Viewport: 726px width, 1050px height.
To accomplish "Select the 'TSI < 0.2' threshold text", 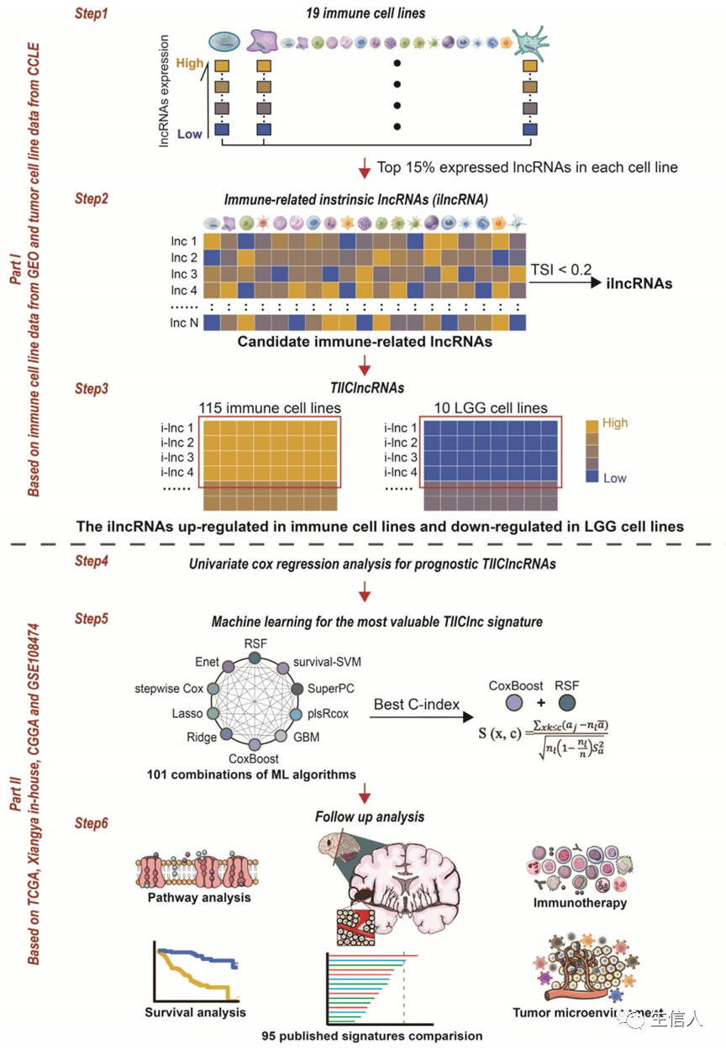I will pyautogui.click(x=560, y=269).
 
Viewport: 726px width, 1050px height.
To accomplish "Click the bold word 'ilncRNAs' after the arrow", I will pyautogui.click(x=639, y=283).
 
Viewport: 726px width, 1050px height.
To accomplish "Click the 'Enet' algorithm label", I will pyautogui.click(x=208, y=662).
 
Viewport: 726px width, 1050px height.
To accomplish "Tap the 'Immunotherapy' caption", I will pyautogui.click(x=580, y=903).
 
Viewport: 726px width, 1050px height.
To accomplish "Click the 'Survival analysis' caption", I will pyautogui.click(x=195, y=1011).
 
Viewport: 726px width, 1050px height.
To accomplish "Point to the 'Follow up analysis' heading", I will pyautogui.click(x=370, y=816).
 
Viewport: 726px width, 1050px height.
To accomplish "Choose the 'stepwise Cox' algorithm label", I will pyautogui.click(x=169, y=689).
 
